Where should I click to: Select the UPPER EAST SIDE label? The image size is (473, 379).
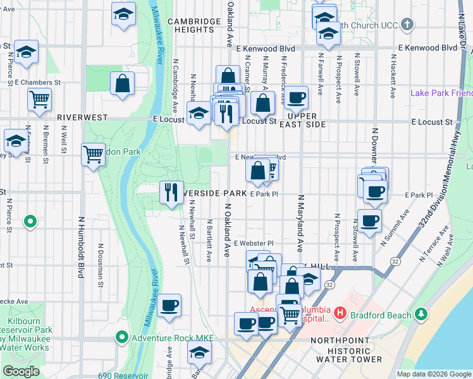tap(305, 120)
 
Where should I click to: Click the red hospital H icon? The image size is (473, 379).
tap(340, 313)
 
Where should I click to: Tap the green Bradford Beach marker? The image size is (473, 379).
tap(421, 314)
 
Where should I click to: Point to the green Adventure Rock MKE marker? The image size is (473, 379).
tap(123, 338)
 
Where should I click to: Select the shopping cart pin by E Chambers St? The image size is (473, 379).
tap(39, 99)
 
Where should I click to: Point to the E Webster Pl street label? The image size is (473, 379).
tap(253, 243)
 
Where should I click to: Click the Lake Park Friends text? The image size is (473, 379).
tap(441, 93)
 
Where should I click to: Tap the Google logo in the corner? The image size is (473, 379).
tap(21, 371)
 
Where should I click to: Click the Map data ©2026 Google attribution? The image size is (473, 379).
tap(433, 374)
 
